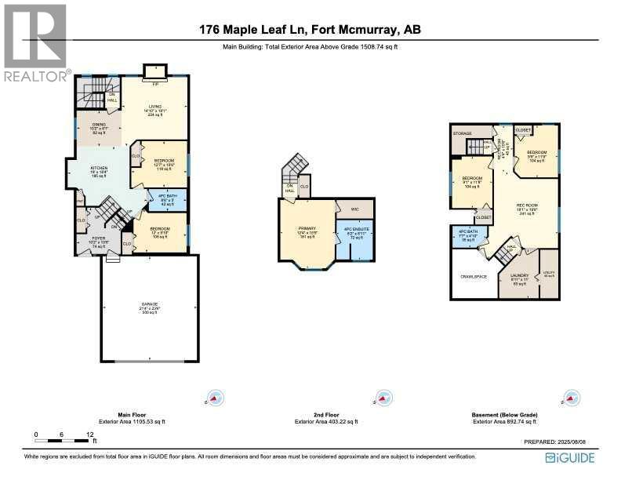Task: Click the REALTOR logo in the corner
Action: [36, 43]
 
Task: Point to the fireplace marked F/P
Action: [154, 80]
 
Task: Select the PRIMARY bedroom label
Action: [308, 229]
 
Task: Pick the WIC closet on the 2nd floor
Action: [354, 209]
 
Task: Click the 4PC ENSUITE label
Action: [355, 232]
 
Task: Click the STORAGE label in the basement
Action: [463, 133]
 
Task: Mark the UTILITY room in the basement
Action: [549, 275]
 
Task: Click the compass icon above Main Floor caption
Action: [214, 398]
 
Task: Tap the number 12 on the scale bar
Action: [90, 434]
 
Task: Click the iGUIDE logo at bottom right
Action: [570, 458]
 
